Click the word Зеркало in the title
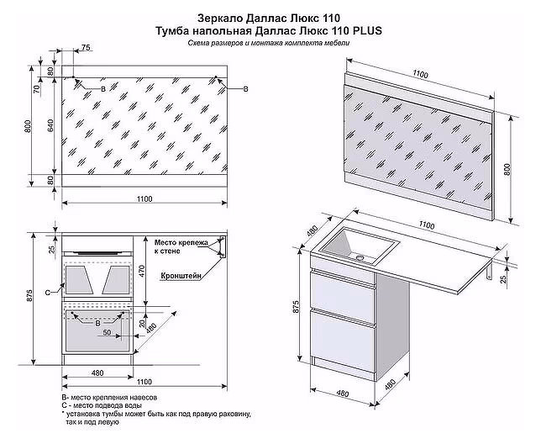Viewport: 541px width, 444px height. [x=218, y=17]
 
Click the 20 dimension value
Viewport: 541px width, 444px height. [x=143, y=322]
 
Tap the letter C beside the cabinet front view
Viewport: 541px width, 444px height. [x=48, y=290]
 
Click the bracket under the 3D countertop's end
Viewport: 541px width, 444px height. [x=492, y=271]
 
